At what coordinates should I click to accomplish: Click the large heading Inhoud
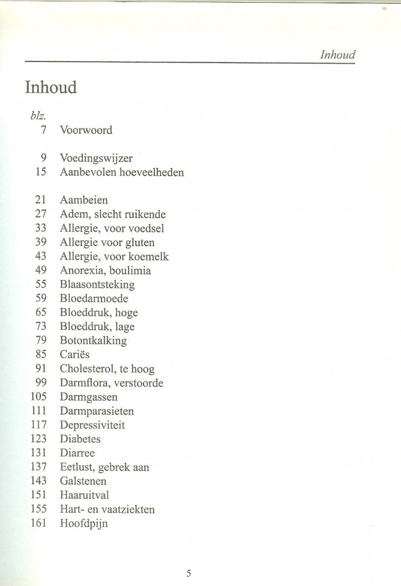[51, 87]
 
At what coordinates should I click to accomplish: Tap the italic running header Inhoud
[337, 55]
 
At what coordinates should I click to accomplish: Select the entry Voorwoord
[86, 130]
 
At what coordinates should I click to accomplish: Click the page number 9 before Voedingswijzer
[43, 158]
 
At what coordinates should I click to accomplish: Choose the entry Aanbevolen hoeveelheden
[122, 173]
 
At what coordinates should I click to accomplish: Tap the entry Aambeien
[84, 200]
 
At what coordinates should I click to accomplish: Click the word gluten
[140, 243]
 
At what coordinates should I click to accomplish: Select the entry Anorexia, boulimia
[105, 271]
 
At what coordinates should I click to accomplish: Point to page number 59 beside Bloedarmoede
[41, 298]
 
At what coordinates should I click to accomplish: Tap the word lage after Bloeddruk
[125, 327]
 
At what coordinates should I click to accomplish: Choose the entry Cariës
[74, 355]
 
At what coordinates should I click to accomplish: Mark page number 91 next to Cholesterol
[41, 369]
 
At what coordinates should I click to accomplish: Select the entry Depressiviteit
[92, 425]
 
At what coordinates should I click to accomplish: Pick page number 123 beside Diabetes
[39, 439]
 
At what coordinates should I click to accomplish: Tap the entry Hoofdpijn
[84, 524]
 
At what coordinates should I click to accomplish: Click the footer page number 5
[189, 558]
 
